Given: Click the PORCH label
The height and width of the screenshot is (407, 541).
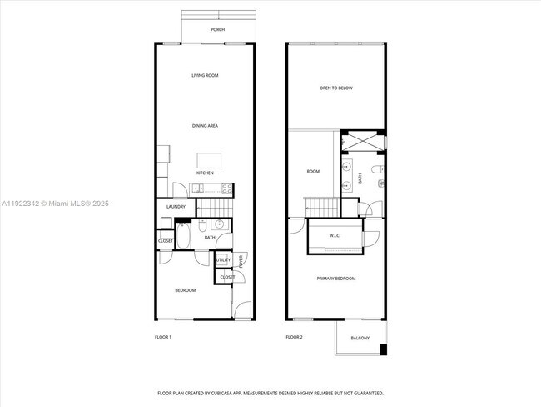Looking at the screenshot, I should [217, 29].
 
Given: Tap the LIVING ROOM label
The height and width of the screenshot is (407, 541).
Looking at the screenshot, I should [205, 76].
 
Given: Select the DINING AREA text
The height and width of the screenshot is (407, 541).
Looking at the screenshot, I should [205, 125].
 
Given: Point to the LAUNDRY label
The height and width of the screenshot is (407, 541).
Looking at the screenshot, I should [176, 207].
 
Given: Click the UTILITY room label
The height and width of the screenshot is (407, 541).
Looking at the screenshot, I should [223, 260].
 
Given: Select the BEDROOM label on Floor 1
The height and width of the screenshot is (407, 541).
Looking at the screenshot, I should [185, 290].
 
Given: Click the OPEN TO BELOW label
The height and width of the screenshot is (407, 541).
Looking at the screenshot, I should [336, 88].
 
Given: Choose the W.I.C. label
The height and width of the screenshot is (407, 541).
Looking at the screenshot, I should [335, 236].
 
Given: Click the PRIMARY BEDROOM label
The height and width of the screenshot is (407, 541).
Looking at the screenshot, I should [336, 279].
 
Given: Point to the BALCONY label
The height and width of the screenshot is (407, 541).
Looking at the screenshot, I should [360, 338].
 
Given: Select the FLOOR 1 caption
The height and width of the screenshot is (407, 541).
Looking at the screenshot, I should [163, 337].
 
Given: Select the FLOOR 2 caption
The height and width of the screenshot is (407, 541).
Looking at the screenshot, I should [295, 337].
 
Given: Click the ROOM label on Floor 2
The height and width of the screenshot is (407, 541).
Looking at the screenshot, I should [313, 172].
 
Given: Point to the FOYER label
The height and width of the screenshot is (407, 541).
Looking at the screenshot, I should [241, 261].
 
